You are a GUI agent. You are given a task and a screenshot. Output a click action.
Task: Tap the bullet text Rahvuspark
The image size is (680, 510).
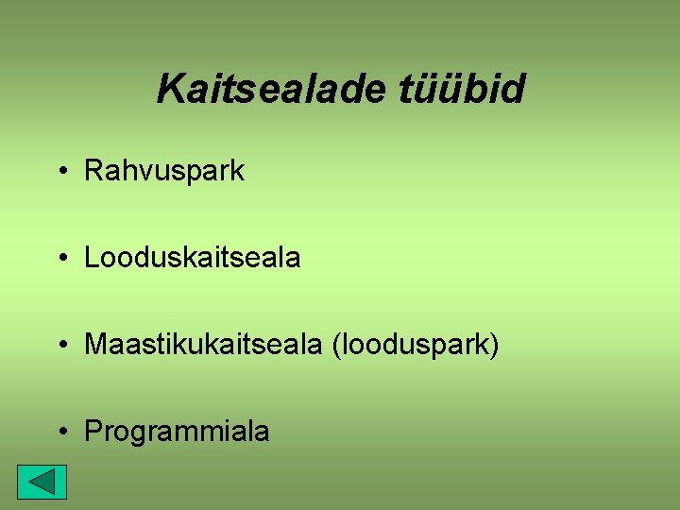(164, 171)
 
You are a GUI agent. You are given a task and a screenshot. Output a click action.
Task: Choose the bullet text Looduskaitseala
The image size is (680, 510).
(193, 258)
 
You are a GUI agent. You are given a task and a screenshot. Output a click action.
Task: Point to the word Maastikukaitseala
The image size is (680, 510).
(203, 345)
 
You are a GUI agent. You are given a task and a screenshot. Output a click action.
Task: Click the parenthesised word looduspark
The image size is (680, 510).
(414, 345)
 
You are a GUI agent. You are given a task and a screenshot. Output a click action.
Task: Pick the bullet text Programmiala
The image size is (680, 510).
(177, 432)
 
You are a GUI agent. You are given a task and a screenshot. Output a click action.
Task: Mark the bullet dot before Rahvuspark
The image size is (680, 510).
(61, 172)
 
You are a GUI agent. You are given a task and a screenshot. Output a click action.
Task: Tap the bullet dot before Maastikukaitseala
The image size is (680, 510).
(61, 346)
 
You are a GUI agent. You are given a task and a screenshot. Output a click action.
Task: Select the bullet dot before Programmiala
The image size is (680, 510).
(61, 433)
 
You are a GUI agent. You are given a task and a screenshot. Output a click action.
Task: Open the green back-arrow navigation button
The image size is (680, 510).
(42, 483)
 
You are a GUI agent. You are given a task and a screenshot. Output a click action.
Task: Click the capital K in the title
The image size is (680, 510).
(171, 90)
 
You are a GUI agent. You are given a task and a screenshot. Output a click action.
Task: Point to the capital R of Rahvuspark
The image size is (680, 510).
(93, 171)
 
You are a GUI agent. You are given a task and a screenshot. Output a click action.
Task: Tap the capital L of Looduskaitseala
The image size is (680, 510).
(92, 258)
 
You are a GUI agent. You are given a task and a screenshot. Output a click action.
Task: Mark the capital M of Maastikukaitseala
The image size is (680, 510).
(94, 345)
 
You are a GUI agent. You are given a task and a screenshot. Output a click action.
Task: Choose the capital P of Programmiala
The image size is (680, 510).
(93, 432)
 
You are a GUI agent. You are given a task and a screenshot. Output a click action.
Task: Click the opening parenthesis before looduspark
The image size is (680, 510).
(335, 346)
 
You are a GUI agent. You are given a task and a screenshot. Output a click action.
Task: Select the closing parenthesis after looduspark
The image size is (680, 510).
(494, 346)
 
